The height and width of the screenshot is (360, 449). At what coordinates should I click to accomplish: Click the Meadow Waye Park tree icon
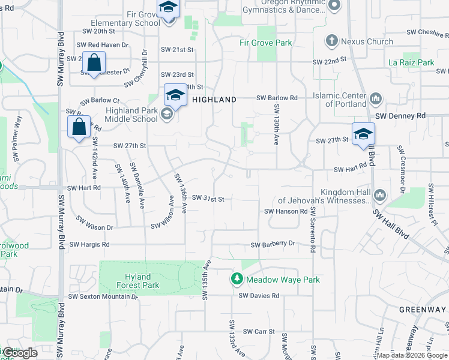tap(237, 279)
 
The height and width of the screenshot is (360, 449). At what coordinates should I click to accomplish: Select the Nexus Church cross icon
tap(331, 41)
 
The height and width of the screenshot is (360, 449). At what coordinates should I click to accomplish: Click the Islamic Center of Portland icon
tap(376, 98)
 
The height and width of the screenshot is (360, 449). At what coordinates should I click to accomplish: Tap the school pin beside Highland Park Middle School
tap(175, 95)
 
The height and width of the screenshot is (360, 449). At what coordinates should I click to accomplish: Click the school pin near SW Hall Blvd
tap(363, 134)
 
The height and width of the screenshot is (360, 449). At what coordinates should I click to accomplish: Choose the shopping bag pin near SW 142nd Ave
tap(79, 127)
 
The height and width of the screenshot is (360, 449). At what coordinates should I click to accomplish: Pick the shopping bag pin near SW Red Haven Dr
tap(94, 62)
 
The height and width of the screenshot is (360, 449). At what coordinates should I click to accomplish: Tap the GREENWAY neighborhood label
tap(423, 310)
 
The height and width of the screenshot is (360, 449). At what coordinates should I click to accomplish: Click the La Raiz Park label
tap(411, 62)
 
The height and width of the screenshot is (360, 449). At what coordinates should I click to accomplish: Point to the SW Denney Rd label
tap(400, 115)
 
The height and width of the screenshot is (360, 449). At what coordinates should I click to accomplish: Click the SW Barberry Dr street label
tap(273, 244)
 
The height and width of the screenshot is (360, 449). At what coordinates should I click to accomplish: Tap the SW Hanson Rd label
tap(286, 211)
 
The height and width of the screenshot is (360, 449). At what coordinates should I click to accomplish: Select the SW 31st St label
tap(208, 199)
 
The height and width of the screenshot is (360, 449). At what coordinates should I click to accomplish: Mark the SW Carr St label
tap(259, 331)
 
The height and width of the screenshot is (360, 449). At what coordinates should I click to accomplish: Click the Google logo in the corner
tap(19, 353)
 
